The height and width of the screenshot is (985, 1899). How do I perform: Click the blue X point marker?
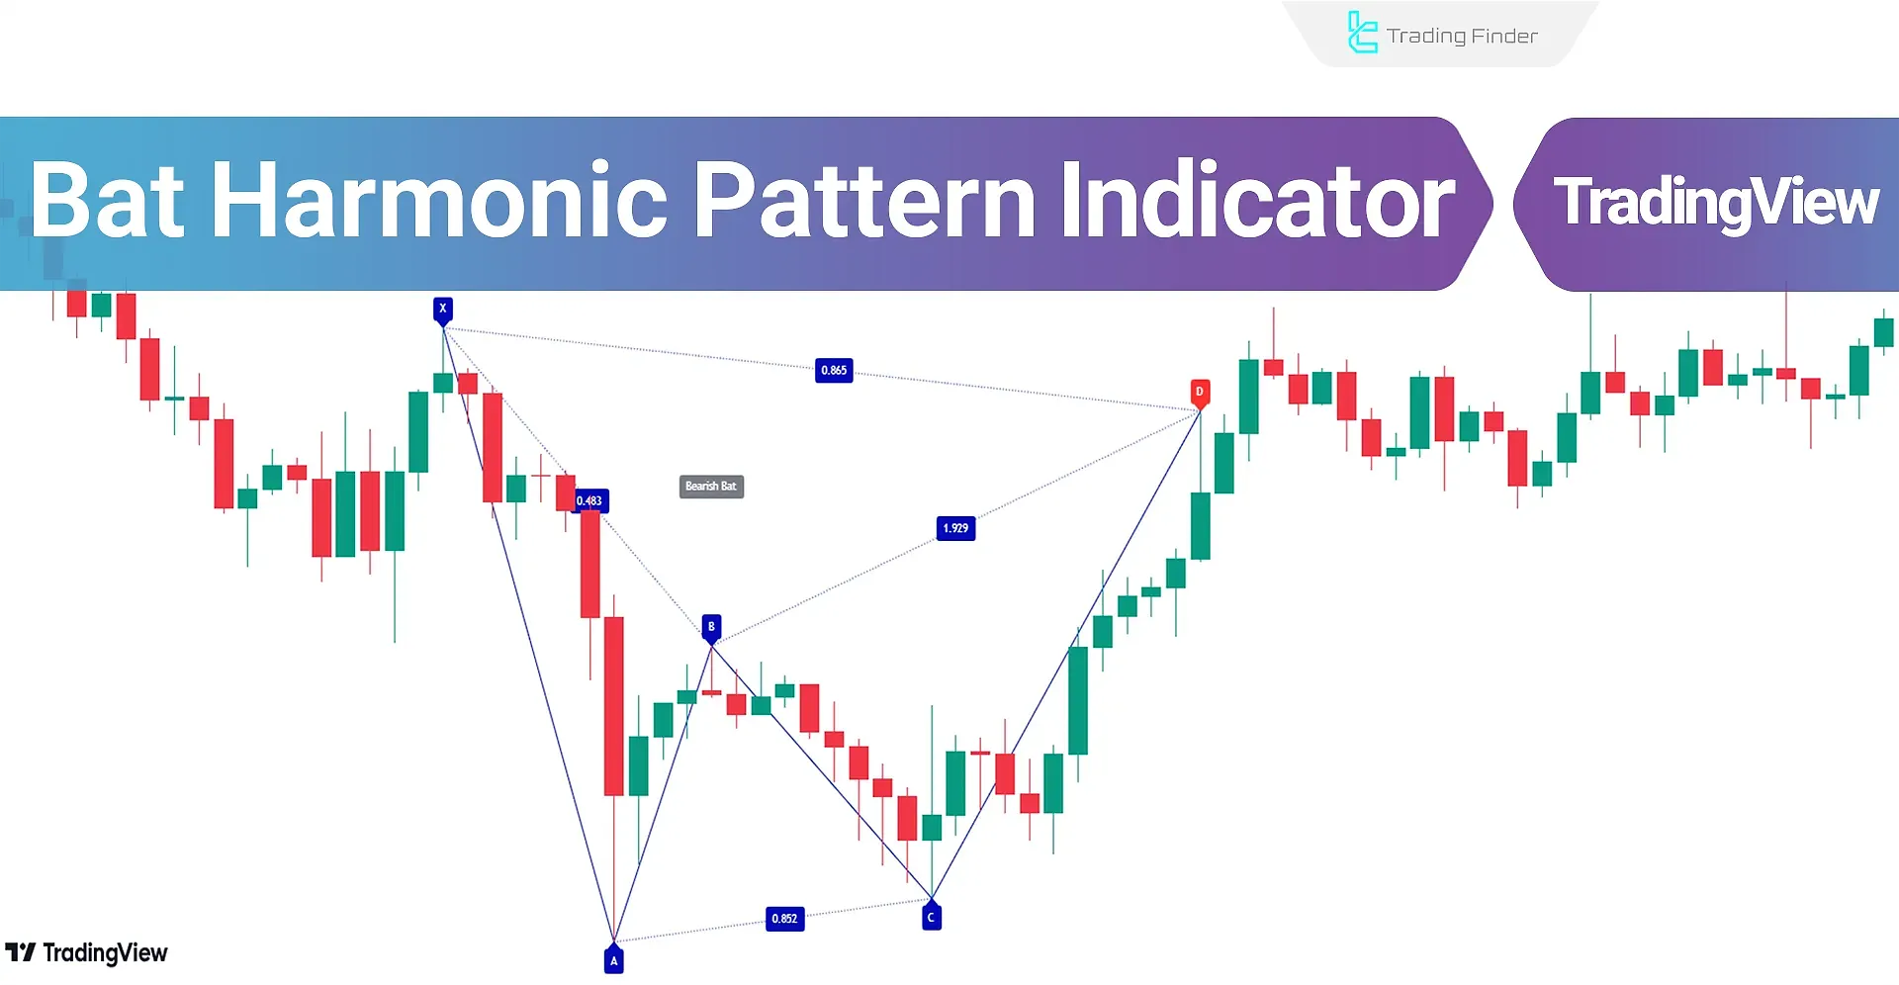tap(443, 310)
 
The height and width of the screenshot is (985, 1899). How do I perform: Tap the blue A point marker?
tap(614, 959)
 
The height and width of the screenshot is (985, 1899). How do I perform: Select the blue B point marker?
tap(711, 627)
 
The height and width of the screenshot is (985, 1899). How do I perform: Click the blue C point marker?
tap(931, 917)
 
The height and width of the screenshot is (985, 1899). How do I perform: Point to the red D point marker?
tap(1200, 393)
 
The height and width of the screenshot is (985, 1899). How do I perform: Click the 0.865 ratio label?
tap(834, 371)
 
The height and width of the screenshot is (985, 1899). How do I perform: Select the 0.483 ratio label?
tap(589, 501)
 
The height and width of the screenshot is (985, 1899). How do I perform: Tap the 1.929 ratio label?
tap(955, 528)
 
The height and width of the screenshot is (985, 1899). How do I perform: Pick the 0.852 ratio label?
tap(784, 919)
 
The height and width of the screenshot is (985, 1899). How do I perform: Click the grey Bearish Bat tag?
tap(711, 487)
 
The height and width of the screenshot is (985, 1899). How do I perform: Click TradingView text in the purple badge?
tap(1716, 203)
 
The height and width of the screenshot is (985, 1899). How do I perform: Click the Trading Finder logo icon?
tap(1362, 33)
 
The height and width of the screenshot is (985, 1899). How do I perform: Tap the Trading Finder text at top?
tap(1462, 37)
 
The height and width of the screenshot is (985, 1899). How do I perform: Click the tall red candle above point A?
tap(614, 706)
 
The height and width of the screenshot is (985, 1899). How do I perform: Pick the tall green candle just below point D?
tap(1201, 525)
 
